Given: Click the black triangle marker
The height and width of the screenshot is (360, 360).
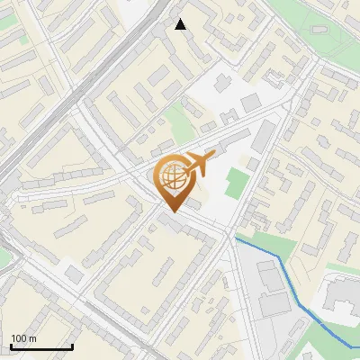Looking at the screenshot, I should click(x=181, y=24).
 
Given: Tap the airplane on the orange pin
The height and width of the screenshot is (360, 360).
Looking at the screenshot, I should click(x=199, y=164).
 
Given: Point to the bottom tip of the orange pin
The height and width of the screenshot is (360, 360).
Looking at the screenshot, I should click(x=172, y=211).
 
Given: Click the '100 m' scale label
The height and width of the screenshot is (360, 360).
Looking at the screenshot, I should click(x=24, y=338).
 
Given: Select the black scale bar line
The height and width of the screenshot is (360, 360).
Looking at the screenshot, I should click(x=41, y=346).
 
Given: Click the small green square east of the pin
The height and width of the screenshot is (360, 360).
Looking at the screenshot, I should click(x=236, y=183).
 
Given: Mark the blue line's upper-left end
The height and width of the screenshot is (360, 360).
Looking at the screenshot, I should click(x=236, y=239).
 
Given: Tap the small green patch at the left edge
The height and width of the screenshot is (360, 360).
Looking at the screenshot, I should click(x=4, y=256).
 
